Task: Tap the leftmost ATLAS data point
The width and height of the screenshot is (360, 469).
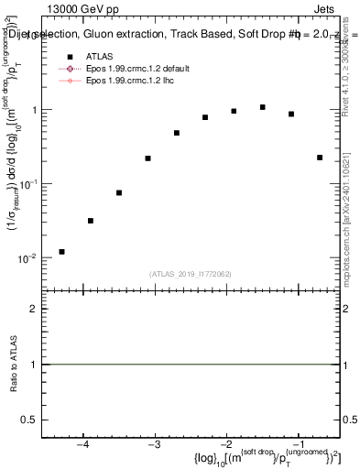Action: [x=61, y=251]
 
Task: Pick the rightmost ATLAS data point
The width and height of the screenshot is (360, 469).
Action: [x=320, y=158]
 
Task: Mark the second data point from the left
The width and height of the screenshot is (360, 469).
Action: [x=90, y=221]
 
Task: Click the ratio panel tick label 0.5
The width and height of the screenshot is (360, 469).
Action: [x=34, y=419]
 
